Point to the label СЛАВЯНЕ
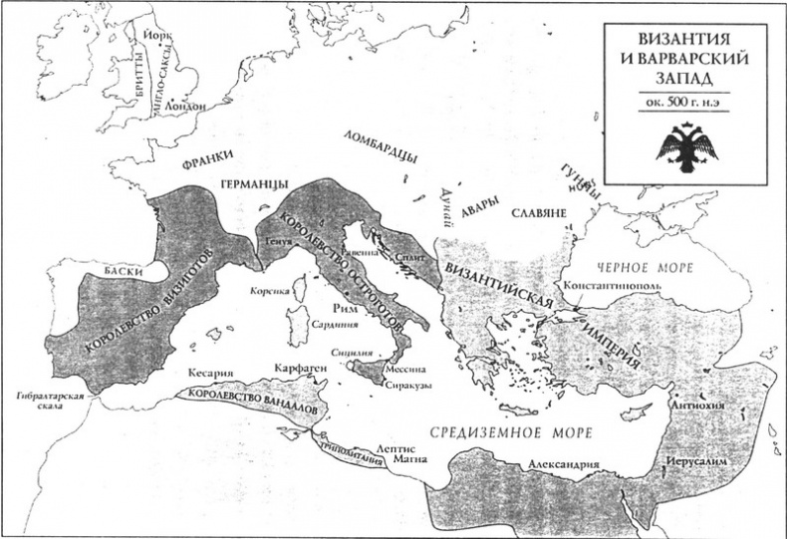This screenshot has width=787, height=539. coord(538,213)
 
